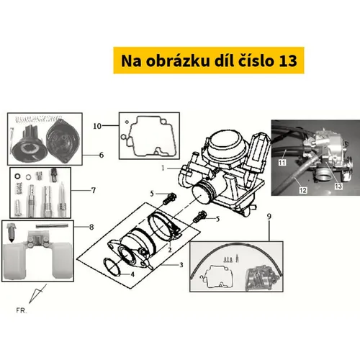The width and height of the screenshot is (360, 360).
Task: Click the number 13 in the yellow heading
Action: tap(288, 60)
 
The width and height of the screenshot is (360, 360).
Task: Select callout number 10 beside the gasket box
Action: tap(97, 126)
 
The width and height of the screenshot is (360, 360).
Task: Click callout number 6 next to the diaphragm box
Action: tap(102, 156)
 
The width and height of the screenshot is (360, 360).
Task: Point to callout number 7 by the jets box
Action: tap(94, 190)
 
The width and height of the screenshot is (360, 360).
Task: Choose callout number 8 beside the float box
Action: tap(91, 227)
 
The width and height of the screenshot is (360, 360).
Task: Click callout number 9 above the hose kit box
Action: tap(269, 217)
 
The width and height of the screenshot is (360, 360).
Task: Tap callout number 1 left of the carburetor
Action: tap(163, 168)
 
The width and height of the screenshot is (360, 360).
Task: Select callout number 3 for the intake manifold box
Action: tap(181, 265)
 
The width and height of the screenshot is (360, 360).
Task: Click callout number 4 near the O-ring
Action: tap(132, 274)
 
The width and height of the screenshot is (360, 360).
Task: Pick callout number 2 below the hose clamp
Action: tap(170, 250)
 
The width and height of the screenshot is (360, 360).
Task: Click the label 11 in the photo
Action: tap(282, 163)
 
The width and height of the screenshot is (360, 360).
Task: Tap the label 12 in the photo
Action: tap(303, 190)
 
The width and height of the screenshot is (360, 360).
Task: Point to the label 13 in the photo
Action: tap(338, 186)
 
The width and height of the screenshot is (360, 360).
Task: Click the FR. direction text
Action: tap(22, 310)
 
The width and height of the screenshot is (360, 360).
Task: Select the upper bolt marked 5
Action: tap(169, 199)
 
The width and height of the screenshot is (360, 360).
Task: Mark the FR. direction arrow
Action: tap(37, 294)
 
